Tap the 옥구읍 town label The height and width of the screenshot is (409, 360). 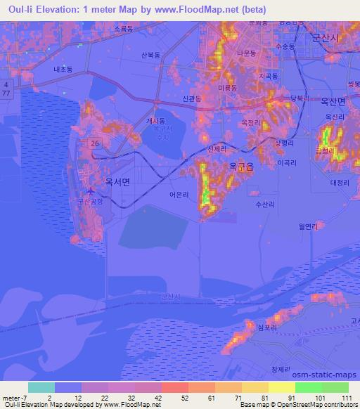click(x=242, y=167)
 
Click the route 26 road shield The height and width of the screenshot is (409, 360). click(x=94, y=143)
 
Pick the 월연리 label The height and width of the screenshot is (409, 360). click(x=309, y=226)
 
